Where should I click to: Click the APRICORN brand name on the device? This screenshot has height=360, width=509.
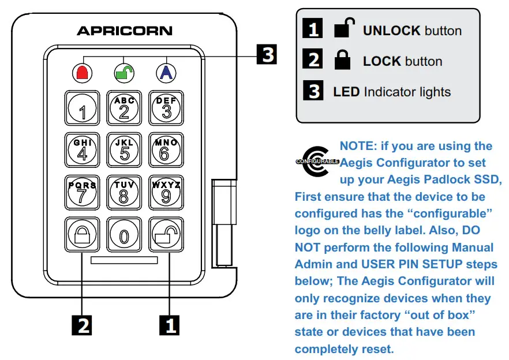124,30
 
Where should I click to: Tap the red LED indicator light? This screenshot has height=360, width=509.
83,72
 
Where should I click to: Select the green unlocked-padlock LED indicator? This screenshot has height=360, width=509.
124,72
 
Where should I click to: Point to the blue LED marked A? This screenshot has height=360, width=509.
166,72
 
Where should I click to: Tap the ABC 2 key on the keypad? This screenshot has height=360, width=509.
124,108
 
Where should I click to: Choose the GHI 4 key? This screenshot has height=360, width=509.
82,150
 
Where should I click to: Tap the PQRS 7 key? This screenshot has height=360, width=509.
82,192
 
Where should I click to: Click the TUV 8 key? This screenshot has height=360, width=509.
124,192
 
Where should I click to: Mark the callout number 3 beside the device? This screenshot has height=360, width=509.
266,55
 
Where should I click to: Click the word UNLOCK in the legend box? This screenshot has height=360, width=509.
392,31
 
